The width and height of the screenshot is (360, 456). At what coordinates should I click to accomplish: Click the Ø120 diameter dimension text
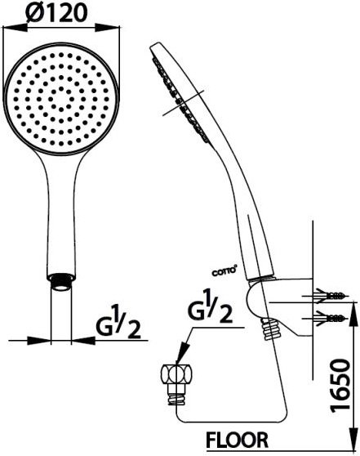(56, 12)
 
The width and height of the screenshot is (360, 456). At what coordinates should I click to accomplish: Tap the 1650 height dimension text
(340, 384)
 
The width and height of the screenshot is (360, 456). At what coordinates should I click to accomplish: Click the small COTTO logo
(224, 272)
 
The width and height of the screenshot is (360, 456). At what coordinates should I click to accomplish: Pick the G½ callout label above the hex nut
(211, 306)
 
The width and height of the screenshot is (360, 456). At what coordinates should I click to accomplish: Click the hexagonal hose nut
(177, 375)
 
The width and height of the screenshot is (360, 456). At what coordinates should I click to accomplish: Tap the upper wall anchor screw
(331, 296)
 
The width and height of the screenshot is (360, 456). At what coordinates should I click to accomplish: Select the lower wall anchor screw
(331, 318)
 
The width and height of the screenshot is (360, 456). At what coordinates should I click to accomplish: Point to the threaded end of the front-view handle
(61, 281)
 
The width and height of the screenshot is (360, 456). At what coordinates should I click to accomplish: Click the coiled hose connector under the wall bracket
(270, 329)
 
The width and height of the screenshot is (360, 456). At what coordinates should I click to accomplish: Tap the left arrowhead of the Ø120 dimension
(15, 28)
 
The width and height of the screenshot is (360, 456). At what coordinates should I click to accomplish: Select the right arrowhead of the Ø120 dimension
(108, 28)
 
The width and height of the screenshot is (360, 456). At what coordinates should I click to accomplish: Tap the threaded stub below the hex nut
(177, 396)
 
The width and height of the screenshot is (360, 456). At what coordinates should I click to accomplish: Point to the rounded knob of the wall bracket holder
(253, 301)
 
